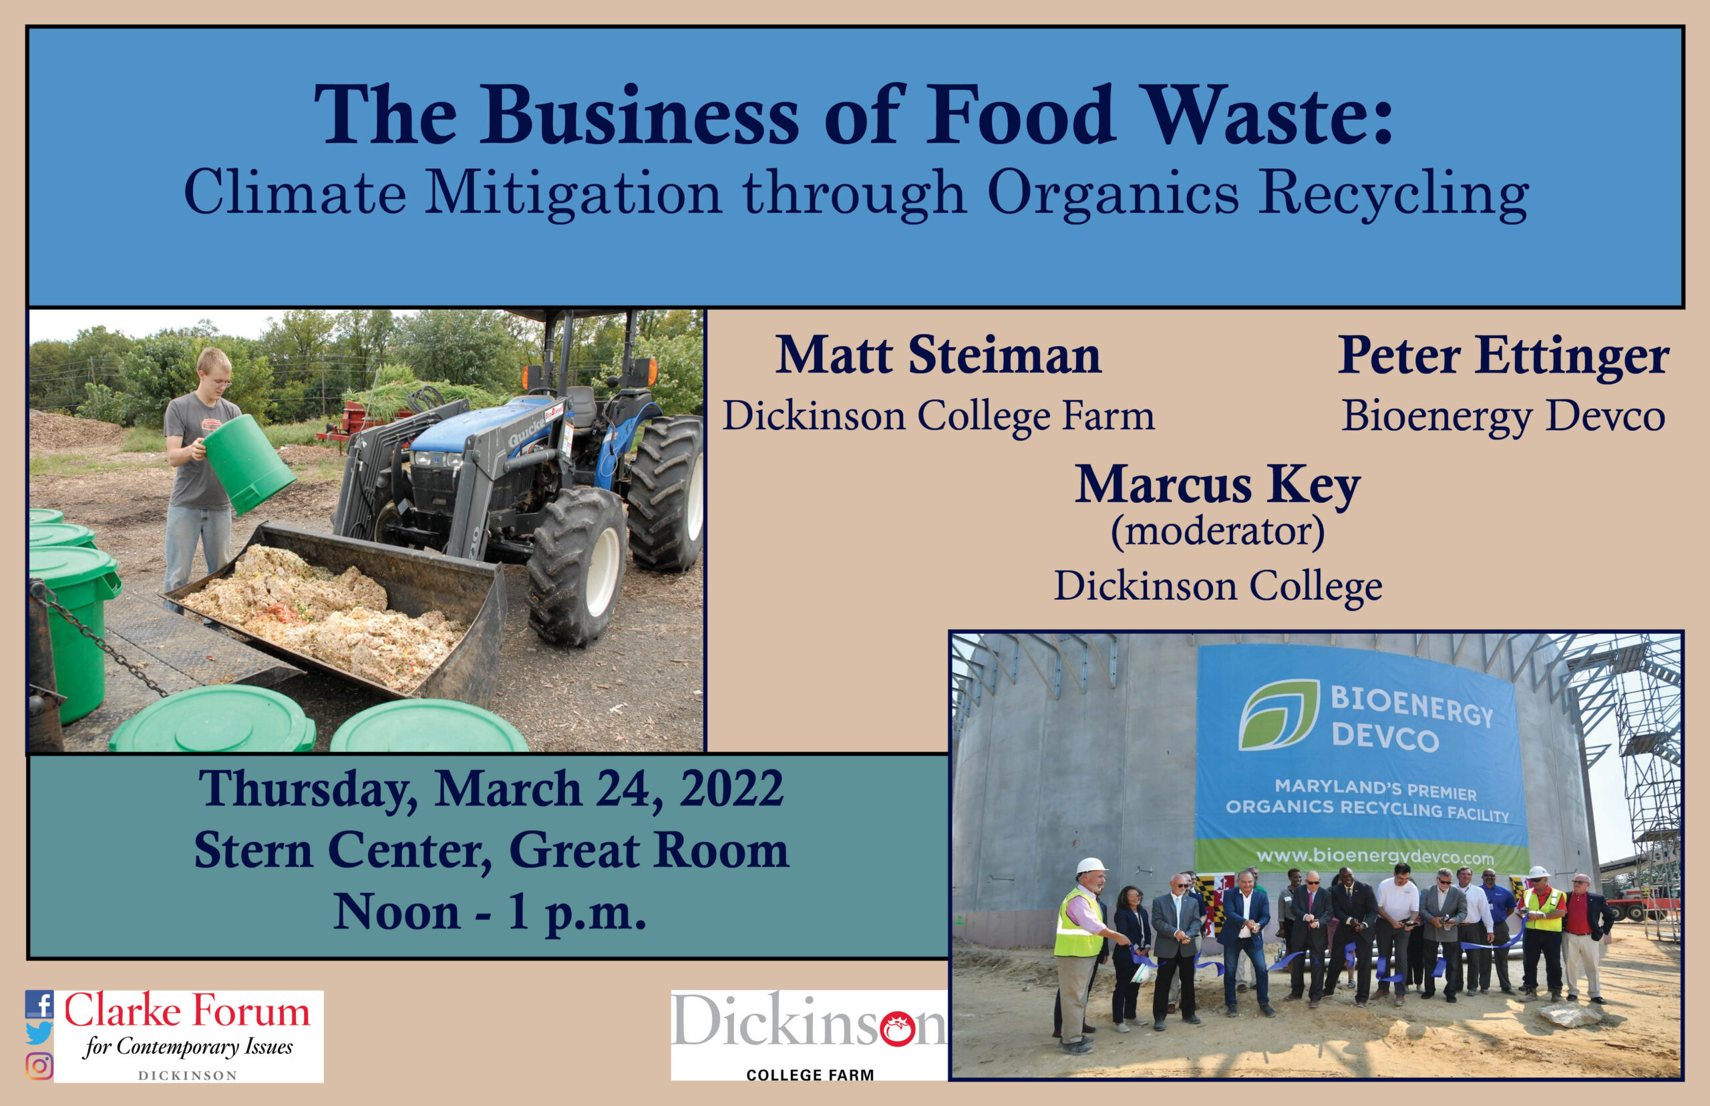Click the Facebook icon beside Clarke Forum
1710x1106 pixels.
click(39, 1004)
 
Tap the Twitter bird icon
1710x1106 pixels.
click(39, 1033)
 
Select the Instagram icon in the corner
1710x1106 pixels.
click(39, 1066)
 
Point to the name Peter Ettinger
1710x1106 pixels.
click(1503, 356)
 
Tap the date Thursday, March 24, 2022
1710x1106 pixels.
click(491, 790)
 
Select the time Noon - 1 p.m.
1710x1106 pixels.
click(490, 912)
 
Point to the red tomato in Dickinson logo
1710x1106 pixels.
click(897, 1030)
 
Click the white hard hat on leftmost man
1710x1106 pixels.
click(1091, 867)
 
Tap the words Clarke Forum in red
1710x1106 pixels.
click(188, 1011)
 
